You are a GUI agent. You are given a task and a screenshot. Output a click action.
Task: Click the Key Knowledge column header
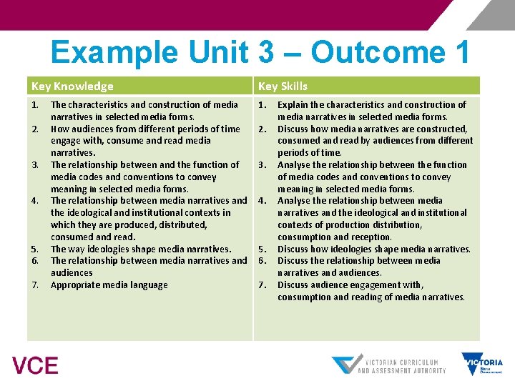[72, 86]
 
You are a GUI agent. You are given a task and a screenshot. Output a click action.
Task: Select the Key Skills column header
[283, 86]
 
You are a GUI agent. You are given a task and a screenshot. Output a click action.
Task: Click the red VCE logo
[35, 366]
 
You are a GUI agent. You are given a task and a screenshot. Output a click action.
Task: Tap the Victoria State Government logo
[482, 364]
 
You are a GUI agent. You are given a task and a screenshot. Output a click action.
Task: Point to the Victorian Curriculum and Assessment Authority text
[401, 366]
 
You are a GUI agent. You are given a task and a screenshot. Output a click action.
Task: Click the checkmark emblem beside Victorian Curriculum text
[345, 365]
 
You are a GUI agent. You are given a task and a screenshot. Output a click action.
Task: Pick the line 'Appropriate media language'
[109, 285]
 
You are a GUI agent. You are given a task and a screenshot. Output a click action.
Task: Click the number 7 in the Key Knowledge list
[34, 285]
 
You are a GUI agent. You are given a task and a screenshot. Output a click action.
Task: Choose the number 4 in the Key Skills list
[262, 201]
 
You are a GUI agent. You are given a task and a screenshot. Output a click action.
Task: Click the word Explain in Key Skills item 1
[293, 104]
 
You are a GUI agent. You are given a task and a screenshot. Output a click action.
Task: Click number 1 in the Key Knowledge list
[34, 104]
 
